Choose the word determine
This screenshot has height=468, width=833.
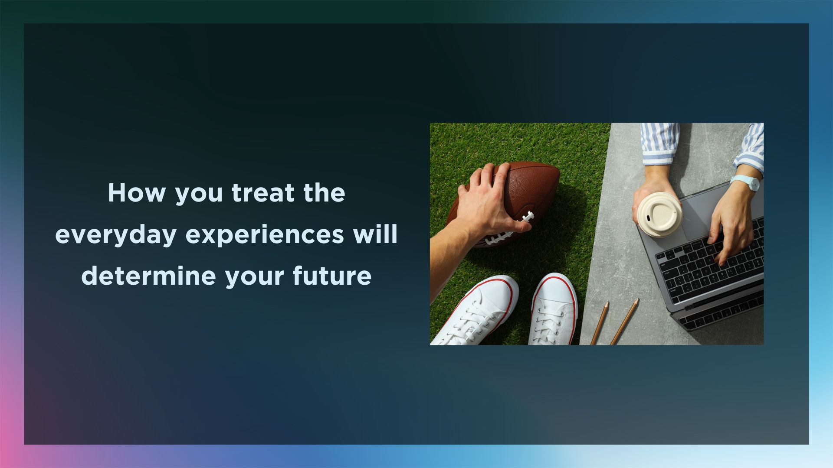[x=148, y=276]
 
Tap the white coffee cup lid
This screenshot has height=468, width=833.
[x=659, y=214]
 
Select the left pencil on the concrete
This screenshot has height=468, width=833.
[x=600, y=323]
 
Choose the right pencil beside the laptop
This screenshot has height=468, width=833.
[x=625, y=322]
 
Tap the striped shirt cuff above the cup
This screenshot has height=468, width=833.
[x=659, y=144]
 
